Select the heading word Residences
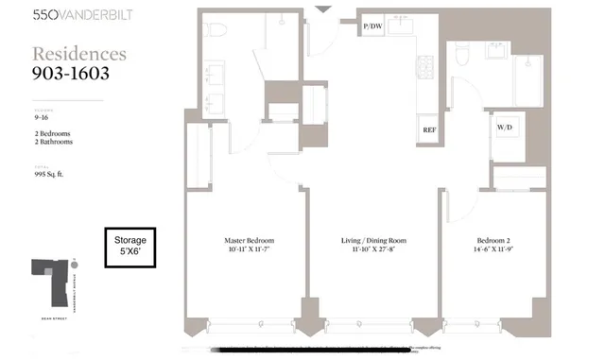tap(79, 55)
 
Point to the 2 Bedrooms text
tap(53, 134)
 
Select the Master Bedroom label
tap(247, 240)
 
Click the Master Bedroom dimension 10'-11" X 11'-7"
tap(247, 251)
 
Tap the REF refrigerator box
tap(429, 129)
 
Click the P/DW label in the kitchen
tap(372, 27)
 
